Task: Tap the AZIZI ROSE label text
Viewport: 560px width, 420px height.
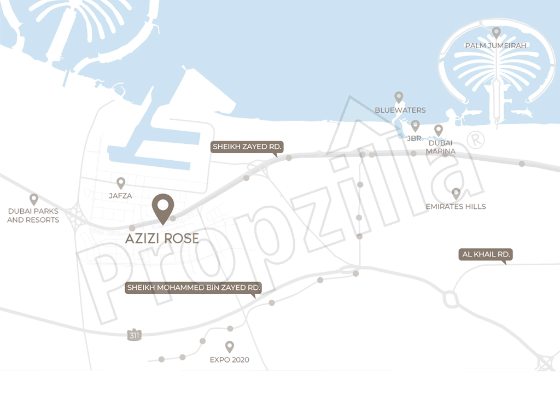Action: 162,238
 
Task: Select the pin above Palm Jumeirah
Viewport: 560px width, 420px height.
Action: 496,33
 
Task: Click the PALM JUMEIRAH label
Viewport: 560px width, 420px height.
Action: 495,46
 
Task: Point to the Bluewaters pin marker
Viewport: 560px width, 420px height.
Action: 399,97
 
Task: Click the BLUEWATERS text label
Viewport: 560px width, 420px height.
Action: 400,110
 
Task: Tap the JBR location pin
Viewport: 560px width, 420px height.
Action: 415,126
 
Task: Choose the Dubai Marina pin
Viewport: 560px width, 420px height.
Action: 438,130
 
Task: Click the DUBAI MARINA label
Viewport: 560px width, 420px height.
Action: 440,147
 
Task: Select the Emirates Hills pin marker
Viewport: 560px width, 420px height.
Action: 456,194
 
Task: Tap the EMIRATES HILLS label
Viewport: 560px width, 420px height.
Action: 456,207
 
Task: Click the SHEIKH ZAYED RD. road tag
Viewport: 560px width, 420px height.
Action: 247,147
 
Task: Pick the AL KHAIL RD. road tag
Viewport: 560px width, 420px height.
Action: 486,254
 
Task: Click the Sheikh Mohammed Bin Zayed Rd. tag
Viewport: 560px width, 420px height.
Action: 193,288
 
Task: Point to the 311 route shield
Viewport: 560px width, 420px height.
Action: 133,335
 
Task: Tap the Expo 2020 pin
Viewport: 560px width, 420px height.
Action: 230,347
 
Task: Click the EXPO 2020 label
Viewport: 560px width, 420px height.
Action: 230,360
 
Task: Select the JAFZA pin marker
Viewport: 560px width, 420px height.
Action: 121,183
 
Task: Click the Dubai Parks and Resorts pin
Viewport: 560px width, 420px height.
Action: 34,199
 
